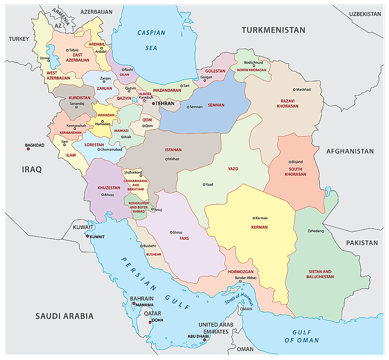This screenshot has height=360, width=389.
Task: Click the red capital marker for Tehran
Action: (154, 104)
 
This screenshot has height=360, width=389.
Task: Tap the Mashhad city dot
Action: (294, 90)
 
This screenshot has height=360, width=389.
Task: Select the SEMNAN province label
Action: (216, 105)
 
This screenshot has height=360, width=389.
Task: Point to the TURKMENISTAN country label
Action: (273, 30)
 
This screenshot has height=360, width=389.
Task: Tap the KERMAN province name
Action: (259, 227)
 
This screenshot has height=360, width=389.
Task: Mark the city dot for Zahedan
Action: (323, 231)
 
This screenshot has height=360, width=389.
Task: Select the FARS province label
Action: (184, 239)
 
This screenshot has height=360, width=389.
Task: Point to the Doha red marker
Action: (150, 322)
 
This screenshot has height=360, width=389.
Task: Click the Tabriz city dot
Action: (67, 50)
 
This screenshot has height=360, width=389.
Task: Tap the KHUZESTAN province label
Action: (109, 188)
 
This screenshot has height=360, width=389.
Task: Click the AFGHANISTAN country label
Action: (350, 151)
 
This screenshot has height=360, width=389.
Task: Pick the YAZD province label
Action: (233, 169)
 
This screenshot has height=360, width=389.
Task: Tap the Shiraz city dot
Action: (171, 232)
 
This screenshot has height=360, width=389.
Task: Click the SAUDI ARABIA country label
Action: (64, 316)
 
